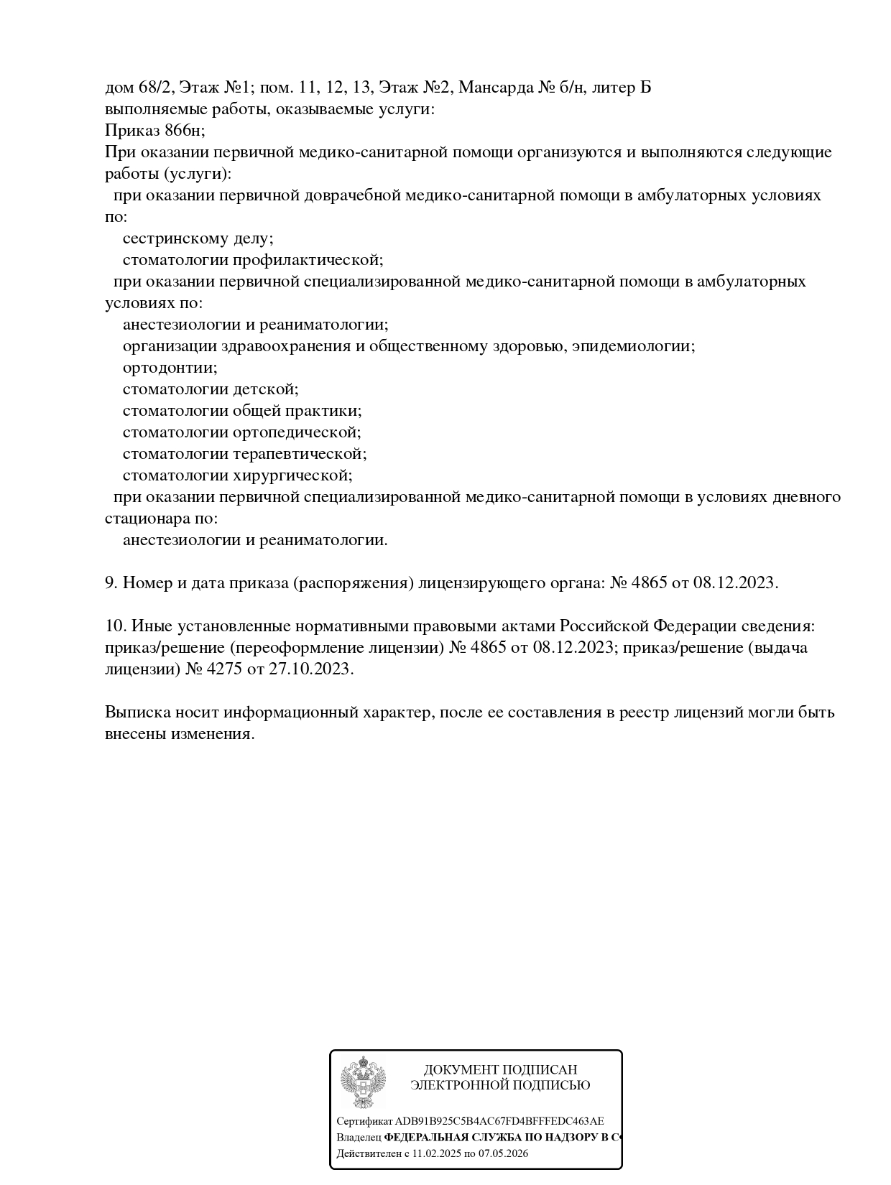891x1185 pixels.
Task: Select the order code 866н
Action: (185, 131)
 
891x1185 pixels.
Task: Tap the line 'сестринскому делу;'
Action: (198, 238)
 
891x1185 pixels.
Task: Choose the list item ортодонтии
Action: (170, 368)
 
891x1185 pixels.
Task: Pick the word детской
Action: (265, 389)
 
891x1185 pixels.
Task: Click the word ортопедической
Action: (296, 432)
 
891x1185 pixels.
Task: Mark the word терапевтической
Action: (300, 454)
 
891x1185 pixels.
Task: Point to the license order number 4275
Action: (225, 669)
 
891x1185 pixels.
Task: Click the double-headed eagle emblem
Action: (363, 1082)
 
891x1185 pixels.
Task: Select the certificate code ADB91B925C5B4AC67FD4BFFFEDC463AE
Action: (499, 1121)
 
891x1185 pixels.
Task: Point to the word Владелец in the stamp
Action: (359, 1138)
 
